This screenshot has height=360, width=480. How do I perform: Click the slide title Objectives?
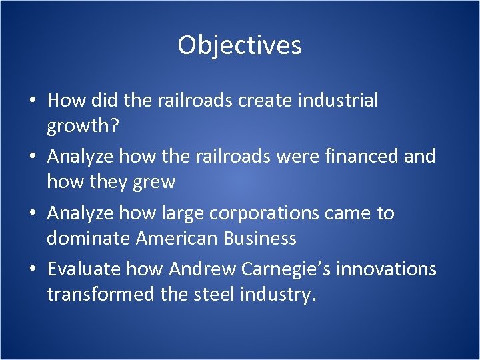pos(239,45)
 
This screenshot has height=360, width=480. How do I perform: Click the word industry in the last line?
pos(279,295)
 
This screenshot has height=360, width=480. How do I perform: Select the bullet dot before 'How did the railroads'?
pos(32,101)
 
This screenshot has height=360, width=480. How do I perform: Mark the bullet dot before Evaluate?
pos(32,270)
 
